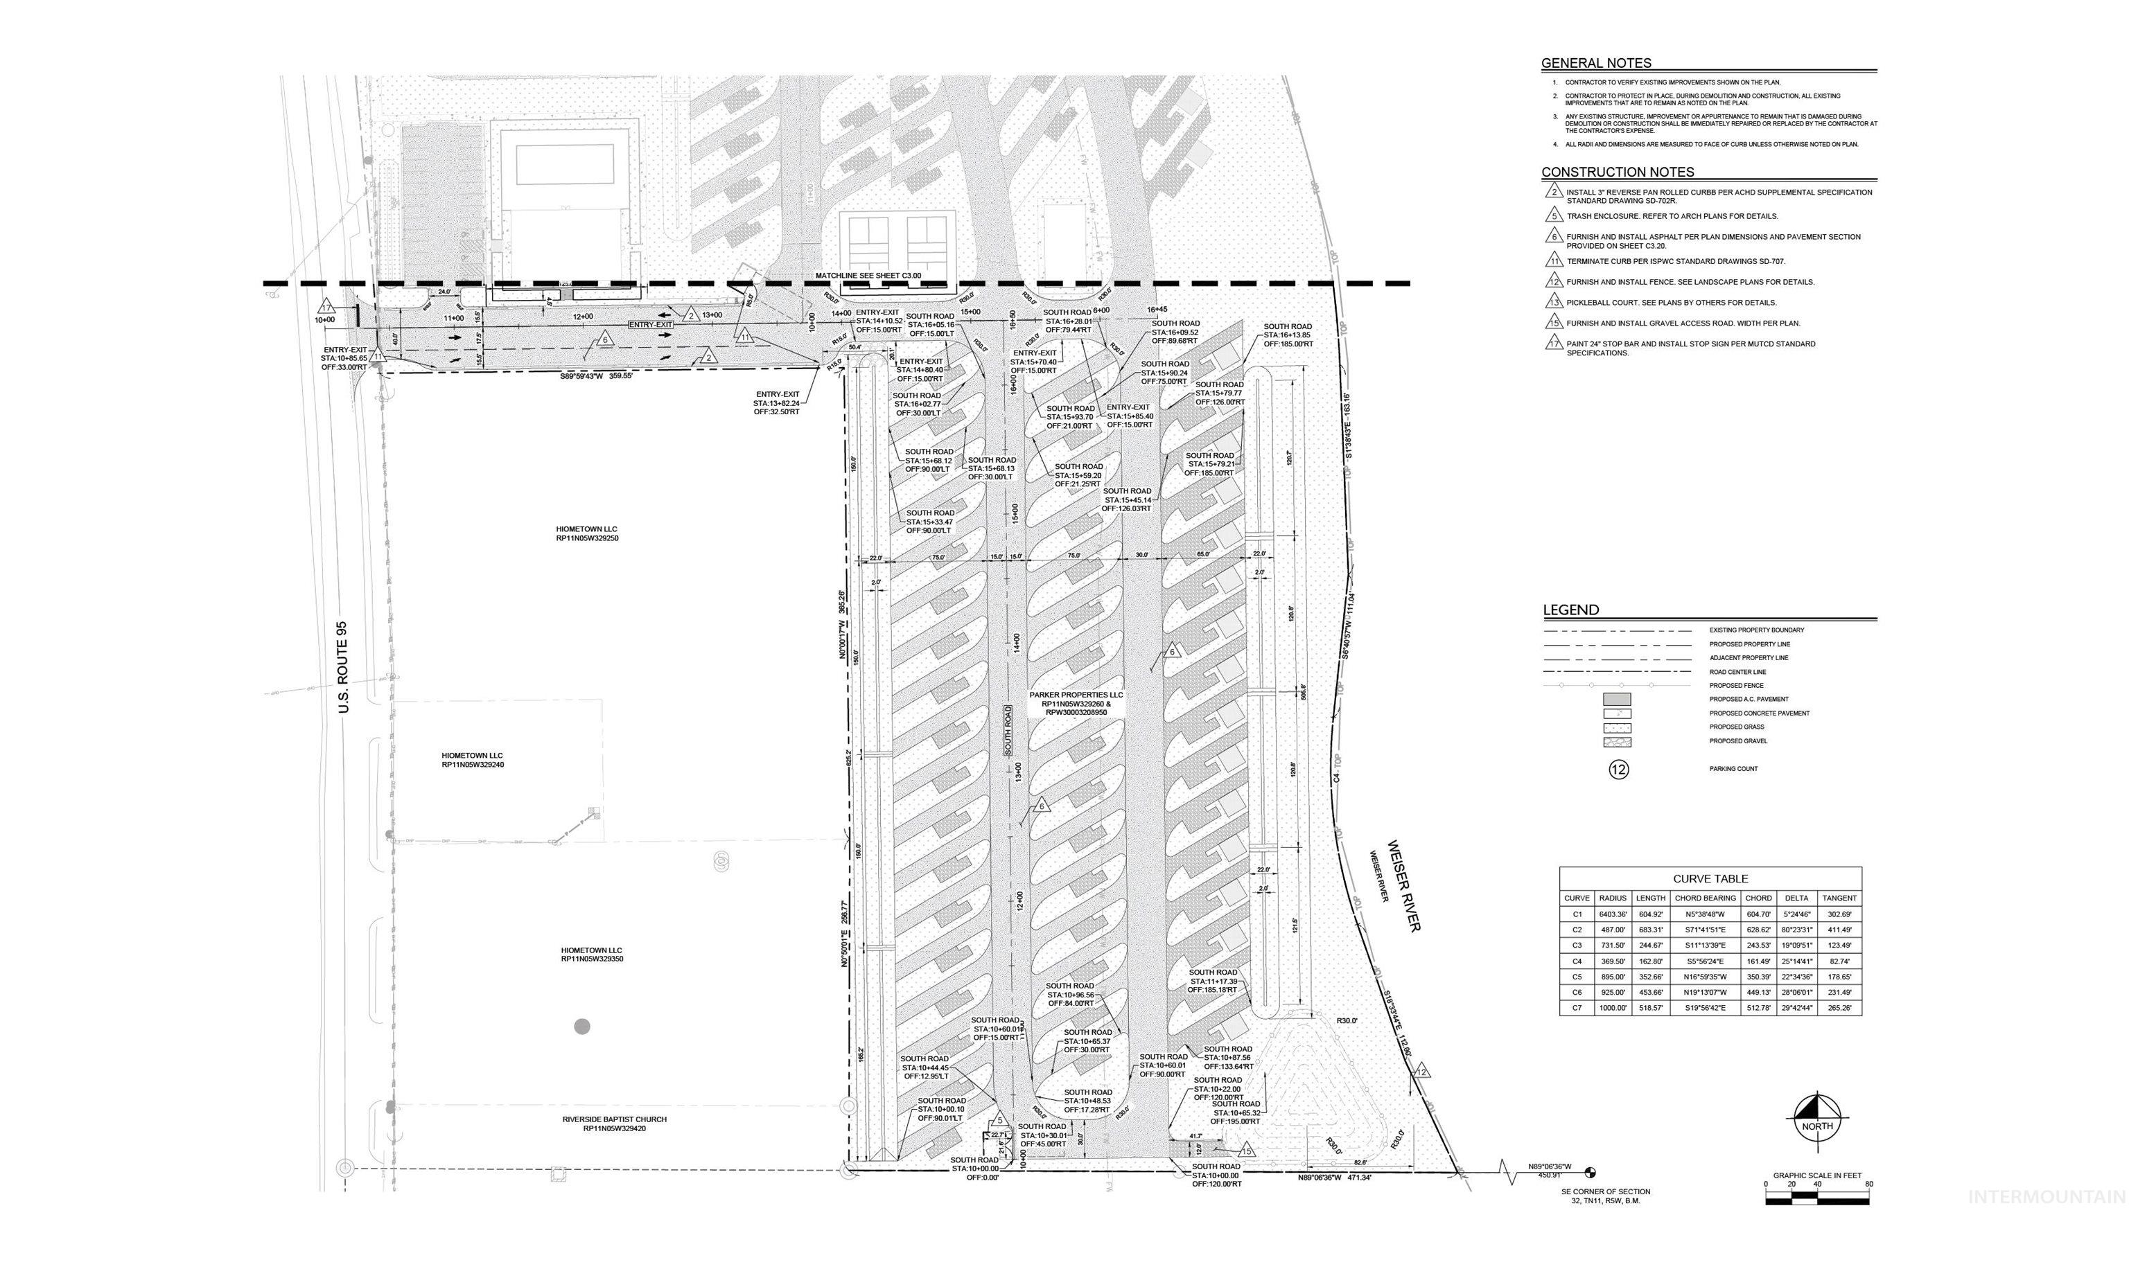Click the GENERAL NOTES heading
tap(1596, 63)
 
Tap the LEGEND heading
tap(1570, 610)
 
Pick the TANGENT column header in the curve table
tap(1839, 898)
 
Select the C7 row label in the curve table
tap(1577, 1008)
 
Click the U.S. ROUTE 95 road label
tap(344, 667)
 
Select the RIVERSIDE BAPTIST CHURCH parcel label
tap(614, 1119)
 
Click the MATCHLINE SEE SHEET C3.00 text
tap(868, 276)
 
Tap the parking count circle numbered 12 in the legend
tap(1618, 770)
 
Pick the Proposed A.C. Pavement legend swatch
tap(1618, 700)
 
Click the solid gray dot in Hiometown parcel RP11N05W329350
tap(581, 1026)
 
